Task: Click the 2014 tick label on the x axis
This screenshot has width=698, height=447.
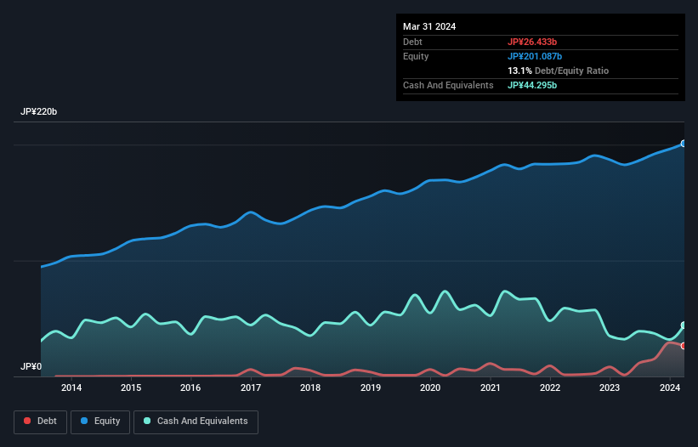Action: tap(71, 388)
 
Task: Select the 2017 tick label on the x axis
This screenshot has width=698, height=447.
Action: tap(251, 388)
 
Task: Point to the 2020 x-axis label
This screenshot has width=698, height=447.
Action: tap(430, 388)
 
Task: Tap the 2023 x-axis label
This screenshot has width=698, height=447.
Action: tap(610, 388)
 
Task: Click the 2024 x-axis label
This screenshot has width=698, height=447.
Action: tap(669, 388)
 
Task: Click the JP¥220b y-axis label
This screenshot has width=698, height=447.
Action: tap(39, 112)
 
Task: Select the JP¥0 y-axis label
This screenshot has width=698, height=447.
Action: tap(31, 367)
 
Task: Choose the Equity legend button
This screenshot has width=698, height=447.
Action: tap(99, 421)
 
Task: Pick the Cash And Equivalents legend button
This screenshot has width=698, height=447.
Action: tap(196, 421)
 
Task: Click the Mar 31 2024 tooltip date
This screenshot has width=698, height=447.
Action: tap(429, 26)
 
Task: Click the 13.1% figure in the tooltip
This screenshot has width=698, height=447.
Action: tap(520, 71)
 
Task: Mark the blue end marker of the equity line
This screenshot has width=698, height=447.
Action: tap(684, 144)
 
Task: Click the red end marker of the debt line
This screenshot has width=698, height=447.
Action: tap(684, 346)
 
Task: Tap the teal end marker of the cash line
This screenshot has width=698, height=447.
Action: tap(684, 325)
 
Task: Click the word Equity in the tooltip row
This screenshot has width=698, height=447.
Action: tap(416, 56)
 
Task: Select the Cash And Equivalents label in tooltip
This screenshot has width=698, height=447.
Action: tap(448, 85)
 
